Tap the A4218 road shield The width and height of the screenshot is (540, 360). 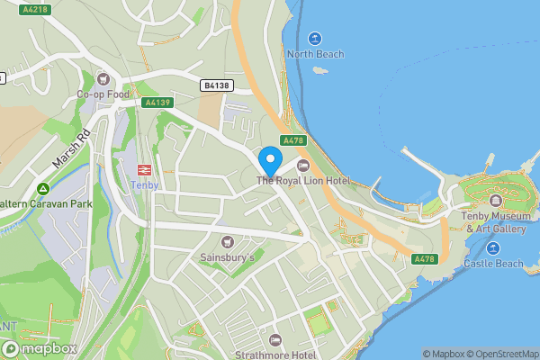36,10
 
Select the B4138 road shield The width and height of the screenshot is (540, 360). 217,85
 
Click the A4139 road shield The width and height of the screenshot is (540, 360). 157,103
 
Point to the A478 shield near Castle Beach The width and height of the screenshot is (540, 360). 425,259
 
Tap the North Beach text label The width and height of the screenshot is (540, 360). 315,54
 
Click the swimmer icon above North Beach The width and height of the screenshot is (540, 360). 315,39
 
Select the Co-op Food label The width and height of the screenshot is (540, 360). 103,94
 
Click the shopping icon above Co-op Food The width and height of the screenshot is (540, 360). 103,79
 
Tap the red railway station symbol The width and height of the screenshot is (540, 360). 144,169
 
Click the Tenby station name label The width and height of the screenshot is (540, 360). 144,184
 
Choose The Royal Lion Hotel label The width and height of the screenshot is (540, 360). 302,181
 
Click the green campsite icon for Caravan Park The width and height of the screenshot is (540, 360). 42,189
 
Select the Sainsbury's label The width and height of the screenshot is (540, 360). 227,257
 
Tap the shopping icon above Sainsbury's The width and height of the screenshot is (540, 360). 227,242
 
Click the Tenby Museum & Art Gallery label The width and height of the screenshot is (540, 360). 493,222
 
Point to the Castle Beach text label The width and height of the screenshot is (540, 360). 493,264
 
